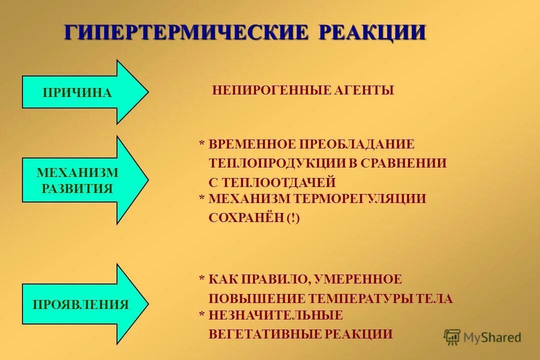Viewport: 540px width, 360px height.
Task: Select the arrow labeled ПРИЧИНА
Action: pos(80,92)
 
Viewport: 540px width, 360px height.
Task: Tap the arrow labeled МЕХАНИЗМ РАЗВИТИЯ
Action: pos(80,180)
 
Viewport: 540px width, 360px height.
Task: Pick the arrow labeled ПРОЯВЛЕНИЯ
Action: pos(80,304)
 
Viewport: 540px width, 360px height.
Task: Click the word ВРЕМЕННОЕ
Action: pos(252,144)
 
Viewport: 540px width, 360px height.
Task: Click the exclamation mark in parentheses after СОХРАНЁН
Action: pos(293,218)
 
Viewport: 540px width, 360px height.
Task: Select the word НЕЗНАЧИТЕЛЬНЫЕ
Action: pos(275,315)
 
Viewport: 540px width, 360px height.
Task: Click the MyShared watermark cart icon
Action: pos(452,336)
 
